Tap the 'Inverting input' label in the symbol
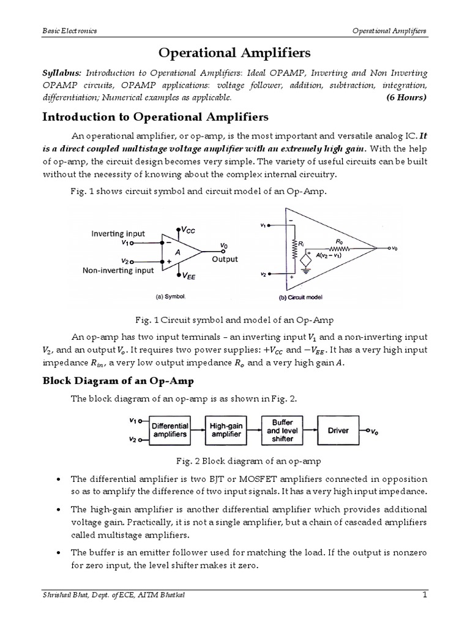click(118, 233)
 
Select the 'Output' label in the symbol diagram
click(225, 260)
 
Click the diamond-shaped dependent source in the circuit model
click(304, 259)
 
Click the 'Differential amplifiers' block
click(170, 431)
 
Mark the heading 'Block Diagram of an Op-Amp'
click(117, 381)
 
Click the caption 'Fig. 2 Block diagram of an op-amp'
click(234, 460)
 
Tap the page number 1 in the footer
click(423, 612)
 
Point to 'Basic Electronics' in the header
click(69, 31)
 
